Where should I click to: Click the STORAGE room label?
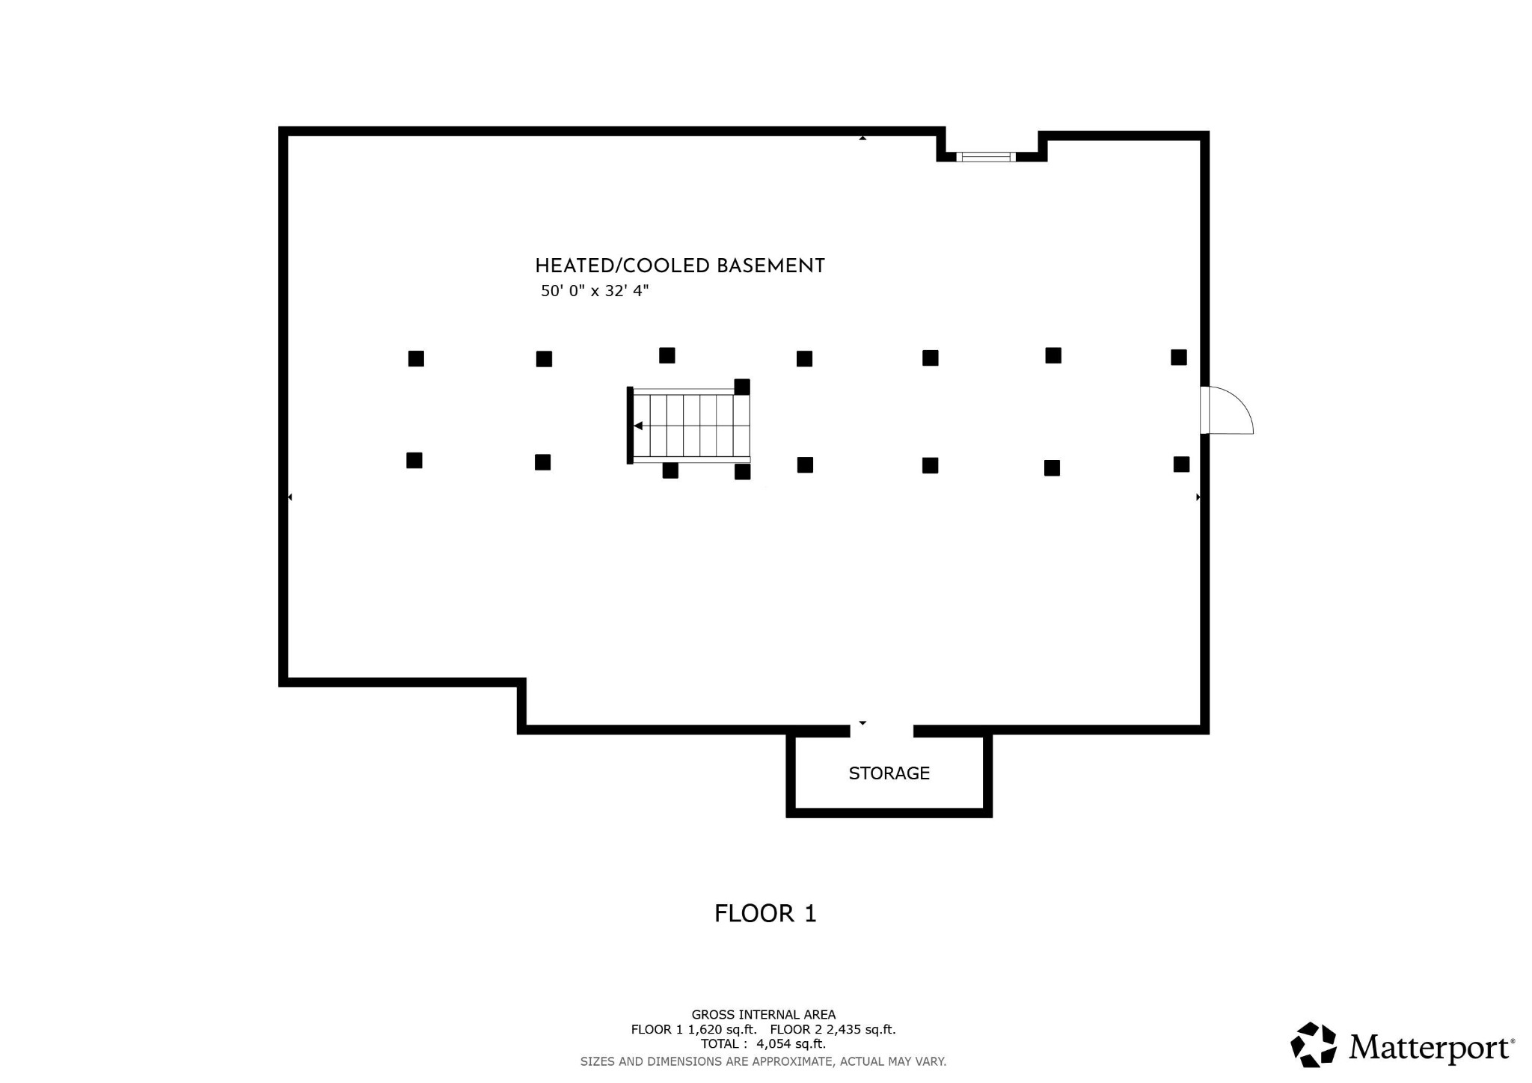(x=889, y=773)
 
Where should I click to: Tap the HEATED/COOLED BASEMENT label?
(x=679, y=266)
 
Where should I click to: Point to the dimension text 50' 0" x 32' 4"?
(x=595, y=291)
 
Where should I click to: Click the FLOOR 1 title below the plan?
(x=765, y=913)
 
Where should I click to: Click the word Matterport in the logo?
(x=1430, y=1047)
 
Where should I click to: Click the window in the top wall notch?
(x=985, y=157)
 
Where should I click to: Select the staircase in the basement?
(x=690, y=426)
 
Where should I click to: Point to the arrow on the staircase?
(x=638, y=426)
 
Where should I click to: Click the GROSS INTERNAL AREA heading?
(x=763, y=1015)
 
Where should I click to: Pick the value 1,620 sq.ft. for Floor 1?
(x=722, y=1030)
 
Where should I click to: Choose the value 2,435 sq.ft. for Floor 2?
(x=860, y=1030)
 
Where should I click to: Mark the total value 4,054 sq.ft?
(x=791, y=1044)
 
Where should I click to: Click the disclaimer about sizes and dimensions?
(x=763, y=1061)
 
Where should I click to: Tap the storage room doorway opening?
(x=881, y=730)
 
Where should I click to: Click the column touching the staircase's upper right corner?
(x=742, y=387)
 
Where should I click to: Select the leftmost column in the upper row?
(x=416, y=359)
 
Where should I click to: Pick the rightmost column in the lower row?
(x=1181, y=464)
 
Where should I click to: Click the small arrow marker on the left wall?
(x=289, y=497)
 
